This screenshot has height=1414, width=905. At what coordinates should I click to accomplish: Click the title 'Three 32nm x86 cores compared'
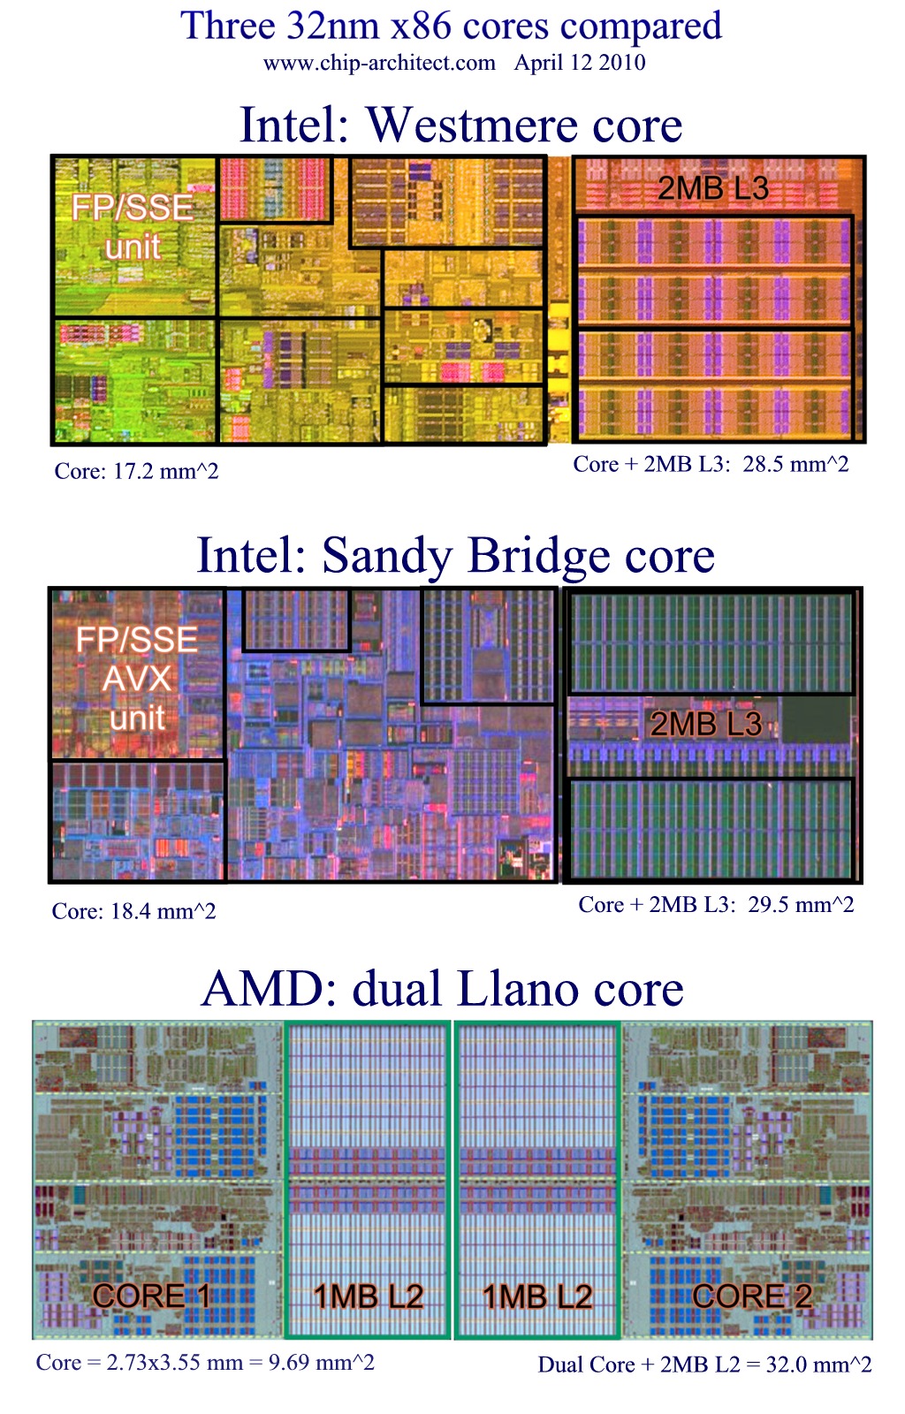(x=451, y=26)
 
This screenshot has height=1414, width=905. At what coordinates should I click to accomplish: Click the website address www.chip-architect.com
(x=379, y=63)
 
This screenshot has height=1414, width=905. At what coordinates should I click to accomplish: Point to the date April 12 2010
(x=580, y=63)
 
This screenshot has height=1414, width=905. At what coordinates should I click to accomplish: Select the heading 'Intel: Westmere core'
(x=460, y=125)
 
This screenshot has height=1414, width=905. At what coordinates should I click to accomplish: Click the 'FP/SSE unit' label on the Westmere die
(x=133, y=226)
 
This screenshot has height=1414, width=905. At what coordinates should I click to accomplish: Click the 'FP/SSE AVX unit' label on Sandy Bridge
(x=137, y=678)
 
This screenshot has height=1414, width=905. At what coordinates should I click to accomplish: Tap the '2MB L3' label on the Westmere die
(x=712, y=187)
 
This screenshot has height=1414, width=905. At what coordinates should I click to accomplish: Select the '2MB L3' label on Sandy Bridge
(x=705, y=724)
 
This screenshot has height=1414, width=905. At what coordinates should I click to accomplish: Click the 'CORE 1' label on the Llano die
(x=151, y=1296)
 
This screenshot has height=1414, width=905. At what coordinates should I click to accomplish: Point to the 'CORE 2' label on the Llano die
(x=752, y=1296)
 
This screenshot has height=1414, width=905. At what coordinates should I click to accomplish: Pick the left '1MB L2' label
(x=369, y=1296)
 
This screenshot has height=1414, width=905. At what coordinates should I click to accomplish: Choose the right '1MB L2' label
(x=536, y=1296)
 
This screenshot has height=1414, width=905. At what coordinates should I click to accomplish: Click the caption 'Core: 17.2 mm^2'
(x=136, y=471)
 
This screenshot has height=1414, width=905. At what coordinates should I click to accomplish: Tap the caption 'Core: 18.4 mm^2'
(x=133, y=911)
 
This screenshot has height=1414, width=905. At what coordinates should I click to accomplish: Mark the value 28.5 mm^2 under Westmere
(x=795, y=464)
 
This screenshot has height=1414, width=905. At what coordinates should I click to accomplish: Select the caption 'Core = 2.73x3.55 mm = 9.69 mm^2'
(x=205, y=1362)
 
